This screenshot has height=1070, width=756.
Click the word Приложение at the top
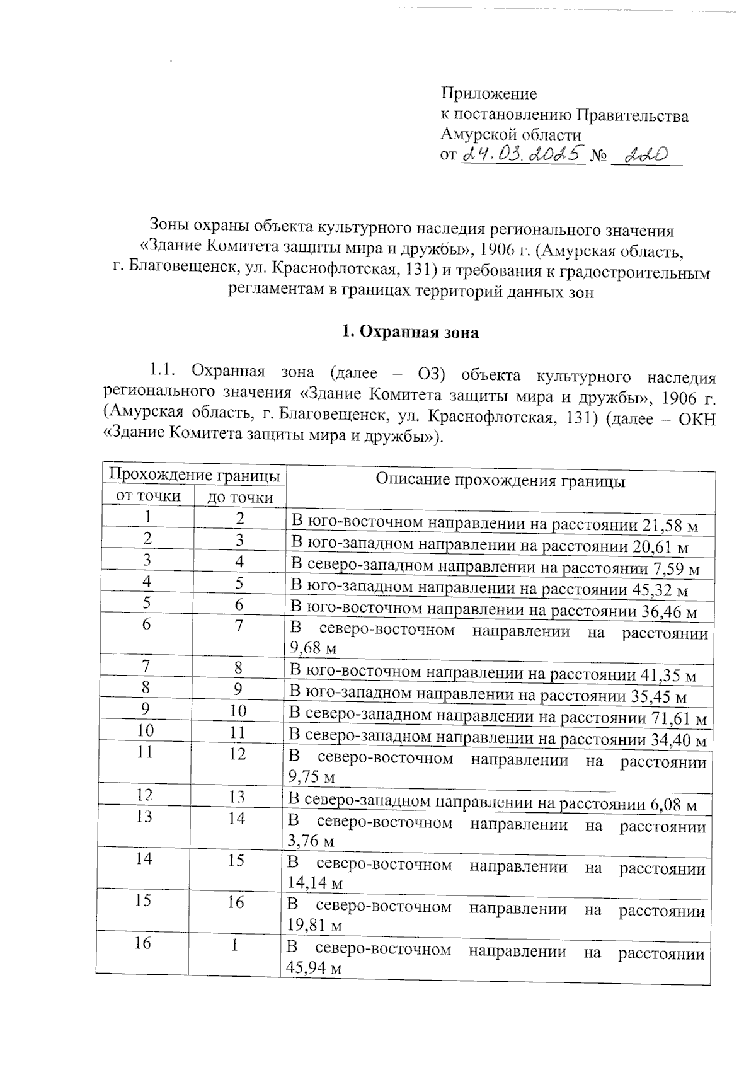tap(488, 95)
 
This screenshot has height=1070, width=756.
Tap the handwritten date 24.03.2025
tap(524, 154)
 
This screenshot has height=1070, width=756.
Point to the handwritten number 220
tap(641, 155)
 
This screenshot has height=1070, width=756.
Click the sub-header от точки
tap(149, 497)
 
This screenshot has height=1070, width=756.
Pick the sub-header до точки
tap(241, 498)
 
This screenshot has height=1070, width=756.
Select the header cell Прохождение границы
tap(194, 475)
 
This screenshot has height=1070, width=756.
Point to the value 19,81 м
tap(314, 926)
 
